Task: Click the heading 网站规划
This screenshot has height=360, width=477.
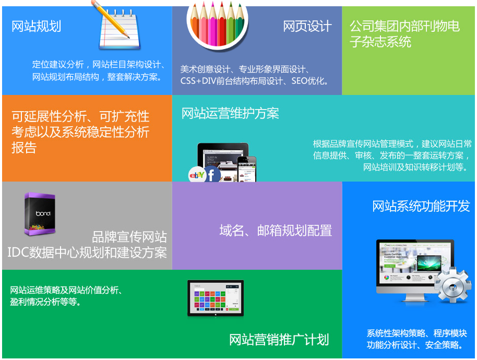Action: tap(36, 26)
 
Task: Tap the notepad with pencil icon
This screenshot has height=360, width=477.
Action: tap(117, 26)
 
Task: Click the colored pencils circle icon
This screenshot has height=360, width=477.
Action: tap(217, 23)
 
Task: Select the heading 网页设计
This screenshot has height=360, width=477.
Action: tap(307, 26)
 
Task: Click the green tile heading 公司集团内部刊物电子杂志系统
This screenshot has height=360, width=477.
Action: tap(404, 34)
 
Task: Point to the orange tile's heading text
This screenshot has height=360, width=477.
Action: tap(80, 132)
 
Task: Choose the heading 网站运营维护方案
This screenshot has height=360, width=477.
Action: tap(230, 113)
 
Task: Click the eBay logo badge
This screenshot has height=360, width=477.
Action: tap(197, 175)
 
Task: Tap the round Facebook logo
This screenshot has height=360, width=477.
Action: tap(212, 174)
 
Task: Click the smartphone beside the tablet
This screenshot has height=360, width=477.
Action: tap(247, 169)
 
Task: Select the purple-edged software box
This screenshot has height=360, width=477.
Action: tap(40, 214)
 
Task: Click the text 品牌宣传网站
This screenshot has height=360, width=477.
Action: tap(129, 237)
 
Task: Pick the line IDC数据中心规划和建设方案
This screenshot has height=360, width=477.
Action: tap(87, 253)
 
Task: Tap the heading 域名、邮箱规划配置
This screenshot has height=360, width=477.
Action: tap(276, 231)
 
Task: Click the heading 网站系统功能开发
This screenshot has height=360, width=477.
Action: tap(421, 206)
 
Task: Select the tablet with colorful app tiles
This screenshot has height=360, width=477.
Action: tap(216, 298)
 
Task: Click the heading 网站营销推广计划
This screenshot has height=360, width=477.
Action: tap(279, 340)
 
